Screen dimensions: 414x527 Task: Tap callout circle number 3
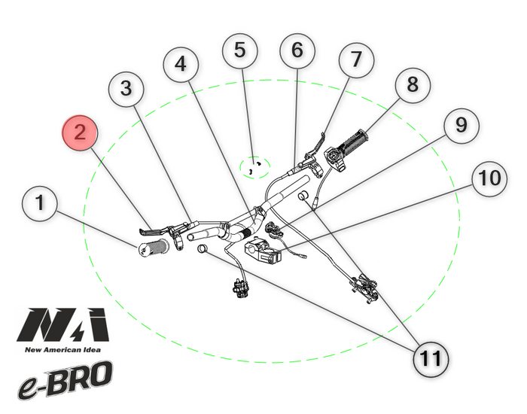pyautogui.click(x=126, y=90)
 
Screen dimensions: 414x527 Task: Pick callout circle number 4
pyautogui.click(x=181, y=65)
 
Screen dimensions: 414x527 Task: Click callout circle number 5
pyautogui.click(x=239, y=51)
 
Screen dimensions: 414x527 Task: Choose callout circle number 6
pyautogui.click(x=297, y=51)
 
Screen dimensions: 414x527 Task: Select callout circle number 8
pyautogui.click(x=412, y=85)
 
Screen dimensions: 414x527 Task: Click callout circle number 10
pyautogui.click(x=489, y=179)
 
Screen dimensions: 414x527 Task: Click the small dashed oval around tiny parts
pyautogui.click(x=254, y=166)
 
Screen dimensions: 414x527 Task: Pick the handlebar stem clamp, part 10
pyautogui.click(x=263, y=251)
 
